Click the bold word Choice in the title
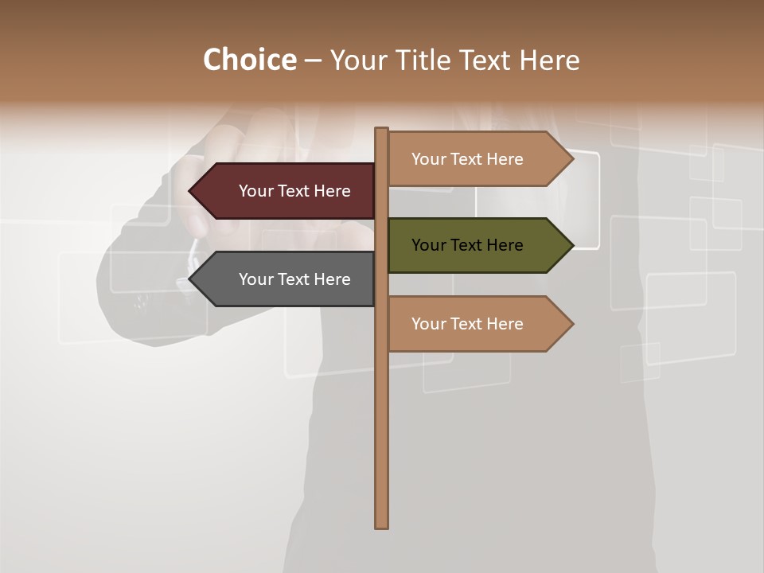tap(249, 60)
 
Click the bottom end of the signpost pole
tap(382, 524)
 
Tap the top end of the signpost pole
tap(382, 131)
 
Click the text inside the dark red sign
tap(294, 191)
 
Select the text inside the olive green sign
tap(467, 245)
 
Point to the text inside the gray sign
tap(294, 279)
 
